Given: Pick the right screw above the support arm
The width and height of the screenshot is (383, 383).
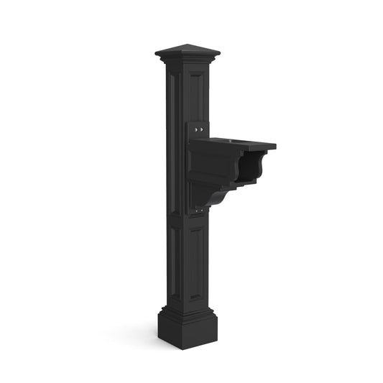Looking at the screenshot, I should click(202, 130).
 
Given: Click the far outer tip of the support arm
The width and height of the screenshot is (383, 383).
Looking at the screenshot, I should click(275, 147).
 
